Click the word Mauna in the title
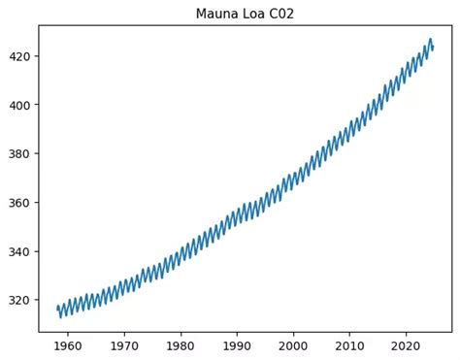coord(215,14)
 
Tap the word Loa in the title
coord(252,14)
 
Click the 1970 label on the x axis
coord(123,344)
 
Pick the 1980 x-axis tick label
coord(181,344)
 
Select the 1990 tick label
coord(237,344)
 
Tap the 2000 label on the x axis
coord(293,344)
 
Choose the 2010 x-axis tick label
coord(350,344)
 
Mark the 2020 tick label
coord(407,344)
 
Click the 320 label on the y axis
coord(20,300)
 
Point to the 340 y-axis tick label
coord(20,251)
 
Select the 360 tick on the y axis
coord(20,203)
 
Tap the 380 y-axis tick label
coord(20,153)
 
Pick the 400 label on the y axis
coord(20,105)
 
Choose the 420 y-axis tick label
coord(20,56)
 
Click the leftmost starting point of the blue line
coord(57,308)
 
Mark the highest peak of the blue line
coord(430,40)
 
